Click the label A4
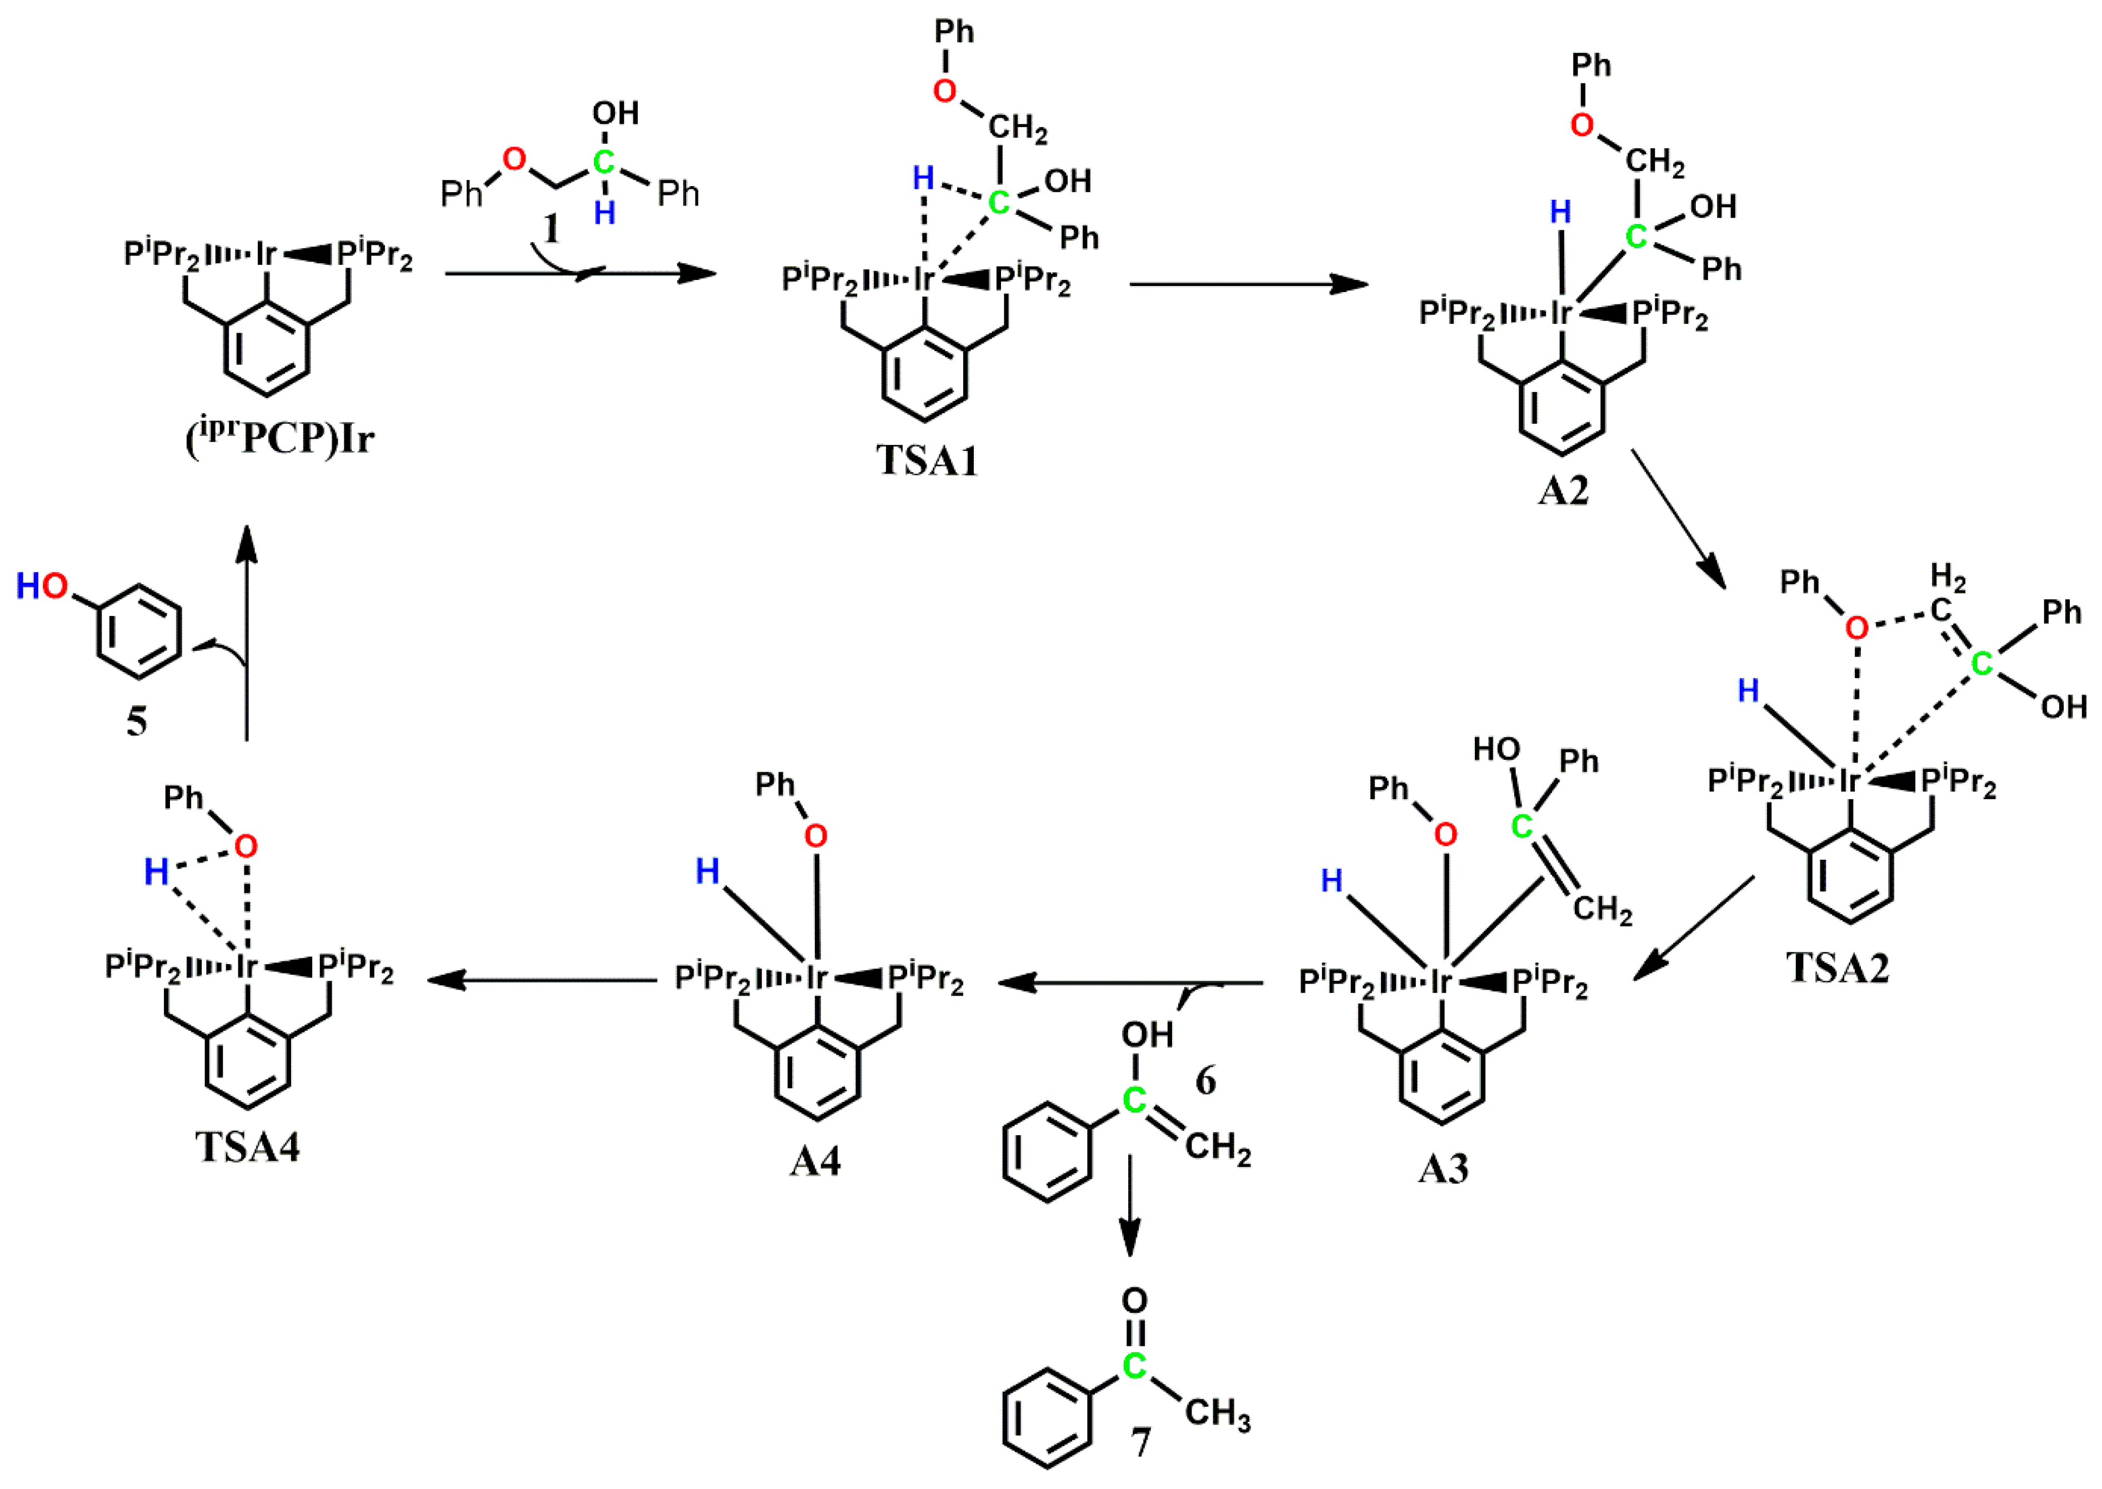[814, 1162]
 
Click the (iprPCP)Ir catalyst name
[280, 438]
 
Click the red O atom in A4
[815, 835]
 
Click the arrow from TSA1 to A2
[1247, 284]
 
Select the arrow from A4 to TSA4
[541, 980]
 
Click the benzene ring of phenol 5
[138, 633]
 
